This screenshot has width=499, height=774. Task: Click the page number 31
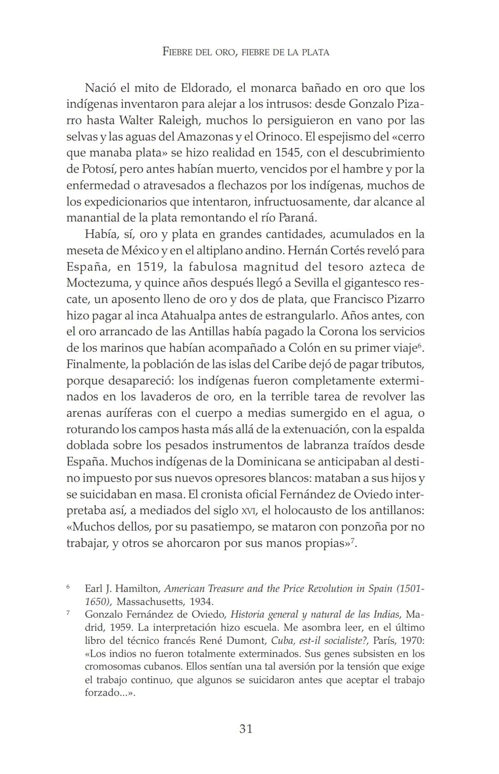point(246,729)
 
